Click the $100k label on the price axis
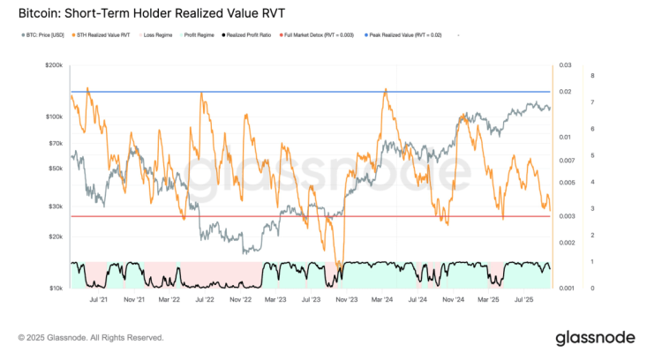(55, 116)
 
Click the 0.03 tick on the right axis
(566, 65)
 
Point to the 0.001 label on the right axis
(568, 289)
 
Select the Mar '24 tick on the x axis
(382, 300)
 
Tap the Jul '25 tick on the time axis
(525, 300)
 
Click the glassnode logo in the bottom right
(594, 338)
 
